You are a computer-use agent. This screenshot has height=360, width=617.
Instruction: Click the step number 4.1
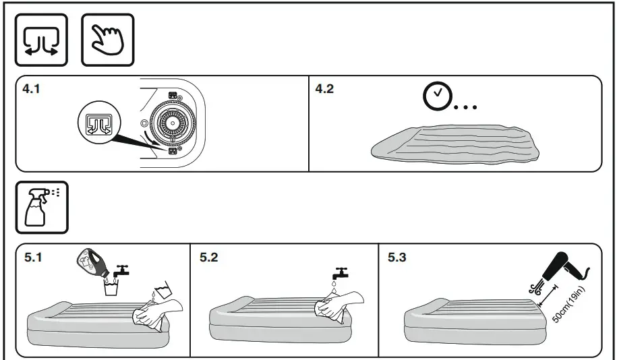click(32, 89)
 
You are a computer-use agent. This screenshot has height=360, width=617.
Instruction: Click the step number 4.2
click(325, 89)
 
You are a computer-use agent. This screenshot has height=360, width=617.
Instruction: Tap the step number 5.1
click(32, 258)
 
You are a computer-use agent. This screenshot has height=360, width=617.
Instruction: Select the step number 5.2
click(210, 258)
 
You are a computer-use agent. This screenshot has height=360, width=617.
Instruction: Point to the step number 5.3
click(398, 258)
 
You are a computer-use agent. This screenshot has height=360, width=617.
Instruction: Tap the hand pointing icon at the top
click(107, 40)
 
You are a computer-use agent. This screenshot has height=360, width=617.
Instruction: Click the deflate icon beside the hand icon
click(41, 40)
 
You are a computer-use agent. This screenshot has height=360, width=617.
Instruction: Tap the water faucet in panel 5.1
click(123, 271)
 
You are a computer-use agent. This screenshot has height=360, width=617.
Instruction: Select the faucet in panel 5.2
click(339, 274)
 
